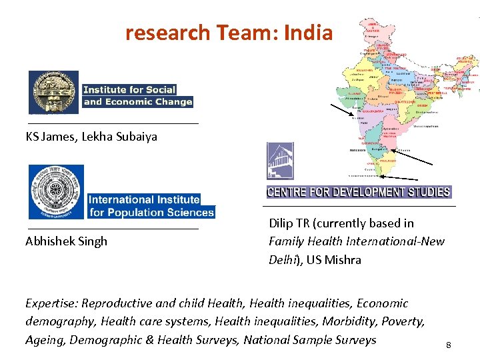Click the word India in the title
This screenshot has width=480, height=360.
[307, 33]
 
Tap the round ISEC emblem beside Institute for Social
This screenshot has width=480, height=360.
[53, 93]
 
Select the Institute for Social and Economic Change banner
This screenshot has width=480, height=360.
[137, 95]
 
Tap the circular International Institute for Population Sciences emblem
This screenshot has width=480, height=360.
[56, 191]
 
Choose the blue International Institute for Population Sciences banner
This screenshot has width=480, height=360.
[151, 205]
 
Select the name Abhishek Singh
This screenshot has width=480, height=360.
[66, 241]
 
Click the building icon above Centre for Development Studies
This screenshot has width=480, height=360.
[280, 161]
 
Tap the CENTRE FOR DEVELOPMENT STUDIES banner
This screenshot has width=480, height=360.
[359, 192]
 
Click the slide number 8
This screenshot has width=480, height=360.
[449, 345]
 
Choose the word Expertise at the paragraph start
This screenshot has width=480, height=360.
[52, 303]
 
